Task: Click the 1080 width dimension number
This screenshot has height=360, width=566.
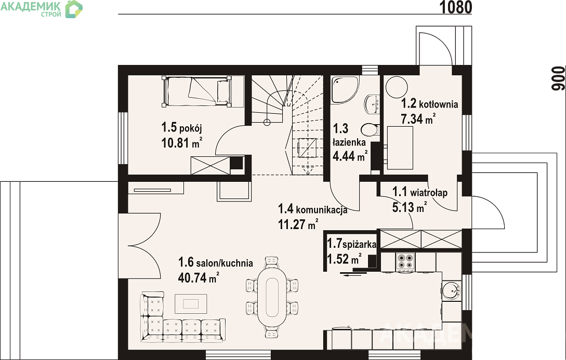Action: [456, 7]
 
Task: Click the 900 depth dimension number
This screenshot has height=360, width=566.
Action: [558, 78]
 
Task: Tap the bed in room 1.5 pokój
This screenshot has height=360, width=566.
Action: [197, 91]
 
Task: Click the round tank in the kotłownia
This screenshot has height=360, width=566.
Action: [397, 87]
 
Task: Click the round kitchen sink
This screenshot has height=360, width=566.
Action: [451, 290]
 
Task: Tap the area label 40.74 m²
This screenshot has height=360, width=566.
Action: [199, 277]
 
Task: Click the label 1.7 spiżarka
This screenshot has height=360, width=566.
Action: [351, 244]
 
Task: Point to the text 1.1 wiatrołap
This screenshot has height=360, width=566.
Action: [420, 192]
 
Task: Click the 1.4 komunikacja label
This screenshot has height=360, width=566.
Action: [312, 209]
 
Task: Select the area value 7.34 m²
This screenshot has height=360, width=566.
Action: [418, 118]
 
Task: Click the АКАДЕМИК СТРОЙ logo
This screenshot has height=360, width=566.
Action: [42, 9]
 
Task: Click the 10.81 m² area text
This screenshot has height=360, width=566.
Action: [181, 143]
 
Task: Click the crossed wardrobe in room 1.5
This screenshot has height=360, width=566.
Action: [210, 166]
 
